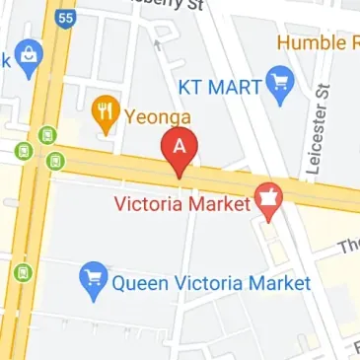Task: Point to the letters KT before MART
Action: (x=191, y=86)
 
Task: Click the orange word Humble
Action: (x=310, y=43)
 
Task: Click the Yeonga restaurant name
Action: (x=157, y=117)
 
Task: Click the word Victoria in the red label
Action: (x=150, y=207)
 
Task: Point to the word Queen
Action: (x=138, y=284)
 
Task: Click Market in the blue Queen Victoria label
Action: (x=279, y=284)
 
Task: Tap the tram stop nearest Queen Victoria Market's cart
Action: (x=23, y=271)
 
